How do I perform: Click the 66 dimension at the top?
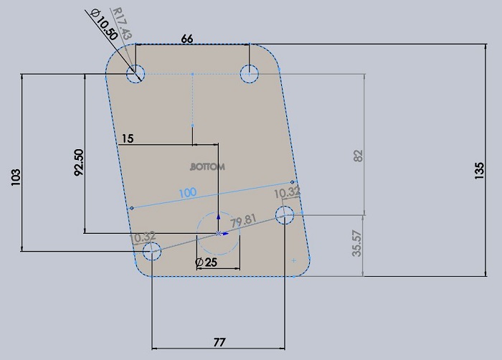(x=186, y=39)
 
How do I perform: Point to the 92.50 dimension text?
(x=79, y=161)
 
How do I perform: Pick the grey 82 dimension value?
(x=359, y=156)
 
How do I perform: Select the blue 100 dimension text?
(x=188, y=193)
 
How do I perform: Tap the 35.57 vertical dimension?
(x=357, y=245)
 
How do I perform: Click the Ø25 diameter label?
(x=206, y=262)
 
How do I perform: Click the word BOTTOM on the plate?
(x=207, y=166)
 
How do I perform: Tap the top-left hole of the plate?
(x=136, y=73)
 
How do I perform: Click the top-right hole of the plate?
(x=249, y=73)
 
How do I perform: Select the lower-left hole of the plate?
(x=152, y=250)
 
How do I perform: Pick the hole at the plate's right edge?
(x=285, y=214)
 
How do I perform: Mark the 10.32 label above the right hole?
(x=287, y=193)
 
